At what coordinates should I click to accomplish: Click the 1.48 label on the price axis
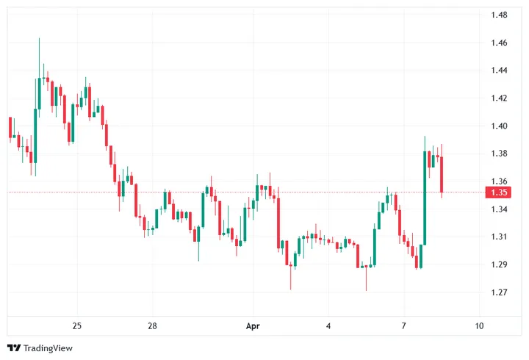point(500,15)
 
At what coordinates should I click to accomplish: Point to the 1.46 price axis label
point(500,43)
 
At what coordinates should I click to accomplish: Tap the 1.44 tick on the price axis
point(500,71)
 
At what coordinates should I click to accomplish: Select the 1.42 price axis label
point(500,98)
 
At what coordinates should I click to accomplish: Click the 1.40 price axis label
point(500,126)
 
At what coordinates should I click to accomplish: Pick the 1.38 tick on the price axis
point(500,154)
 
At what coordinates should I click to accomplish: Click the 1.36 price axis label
point(500,181)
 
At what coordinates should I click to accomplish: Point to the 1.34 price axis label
point(500,209)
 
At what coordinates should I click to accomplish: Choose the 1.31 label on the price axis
point(500,237)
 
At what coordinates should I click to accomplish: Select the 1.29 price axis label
point(500,264)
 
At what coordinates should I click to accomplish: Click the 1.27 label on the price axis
point(500,292)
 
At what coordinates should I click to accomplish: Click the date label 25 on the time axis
point(77,325)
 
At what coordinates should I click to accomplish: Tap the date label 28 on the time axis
point(153,325)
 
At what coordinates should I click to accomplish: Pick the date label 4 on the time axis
point(328,325)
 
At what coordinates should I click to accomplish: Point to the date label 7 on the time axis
point(404,325)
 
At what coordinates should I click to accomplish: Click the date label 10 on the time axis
point(479,325)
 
